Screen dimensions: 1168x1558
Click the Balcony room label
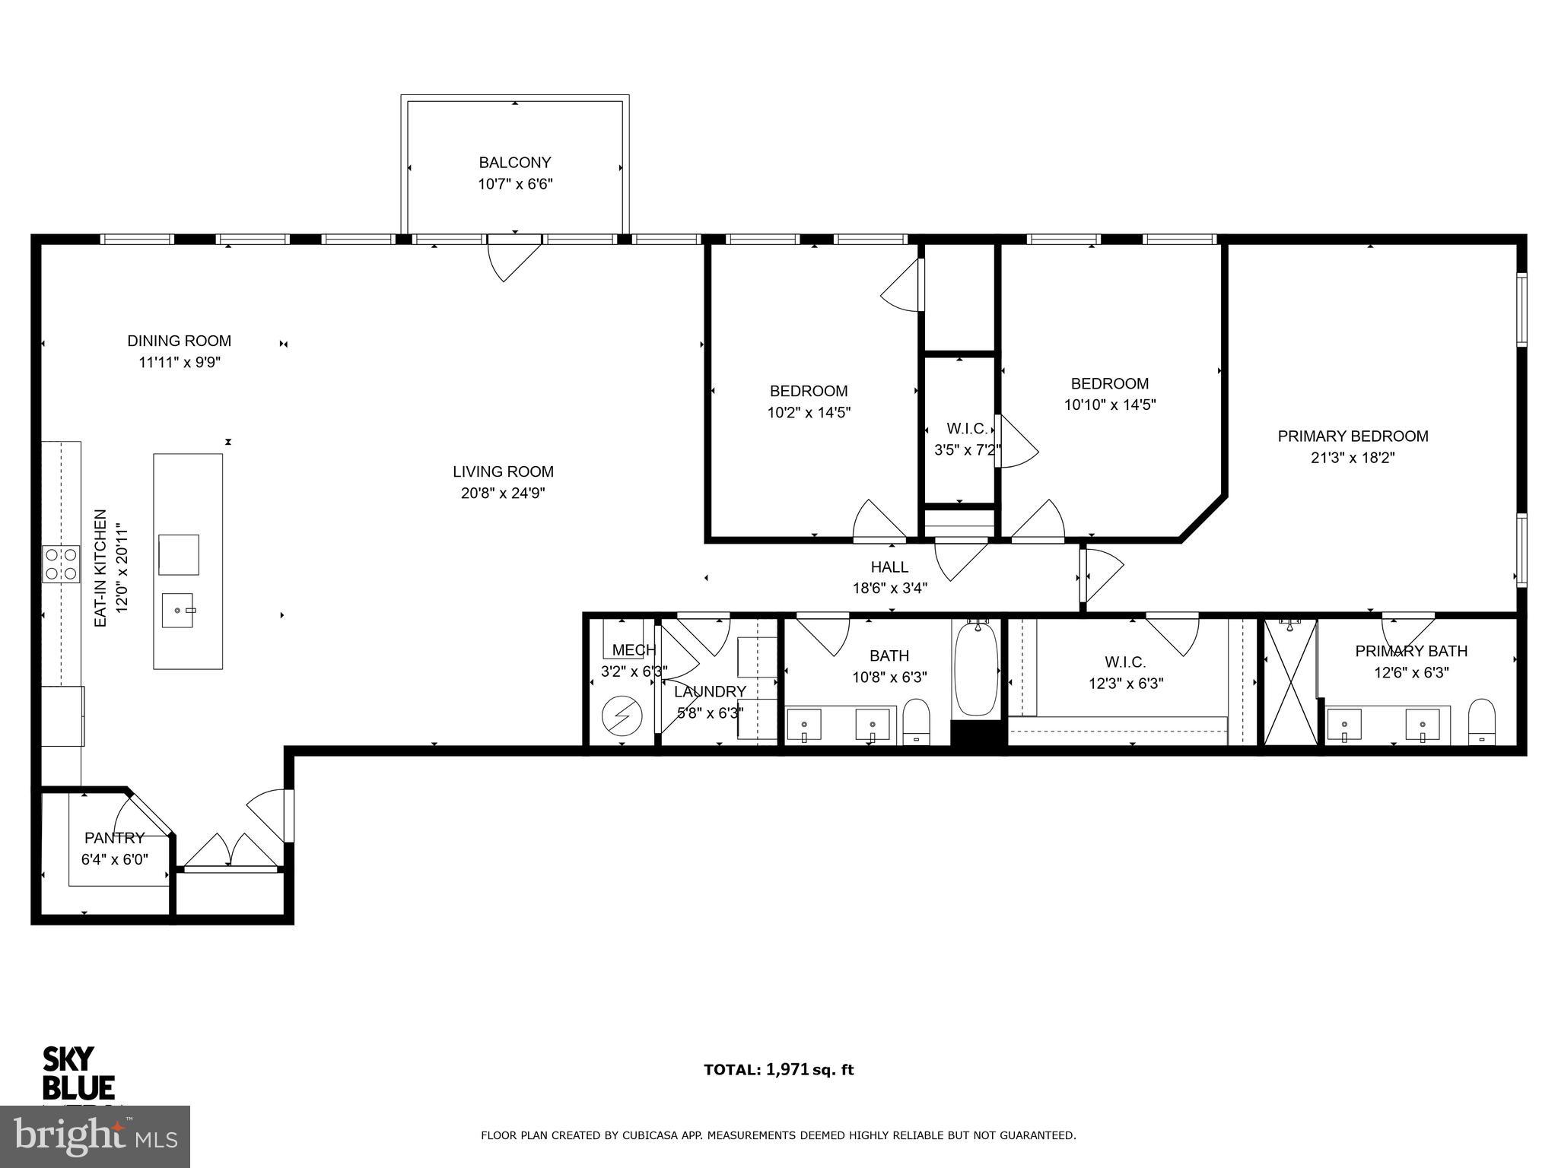(x=514, y=163)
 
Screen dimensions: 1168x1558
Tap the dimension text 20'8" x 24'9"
(x=503, y=493)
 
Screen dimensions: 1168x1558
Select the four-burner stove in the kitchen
(x=61, y=563)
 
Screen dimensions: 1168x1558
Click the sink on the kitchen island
(x=177, y=610)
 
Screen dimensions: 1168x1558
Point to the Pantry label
(x=114, y=838)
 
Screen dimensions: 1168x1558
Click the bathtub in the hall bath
(x=977, y=668)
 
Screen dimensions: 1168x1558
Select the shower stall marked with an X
(x=1290, y=682)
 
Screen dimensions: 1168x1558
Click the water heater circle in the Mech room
(x=622, y=716)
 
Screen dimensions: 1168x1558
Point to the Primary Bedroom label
(x=1353, y=436)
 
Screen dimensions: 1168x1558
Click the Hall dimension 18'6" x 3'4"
(x=889, y=588)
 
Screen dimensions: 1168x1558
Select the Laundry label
(x=710, y=691)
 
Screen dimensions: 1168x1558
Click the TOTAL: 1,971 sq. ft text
(x=778, y=1070)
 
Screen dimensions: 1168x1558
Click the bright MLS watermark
(x=95, y=1136)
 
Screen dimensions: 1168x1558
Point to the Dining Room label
(x=179, y=341)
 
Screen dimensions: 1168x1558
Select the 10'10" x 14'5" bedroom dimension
(x=1109, y=405)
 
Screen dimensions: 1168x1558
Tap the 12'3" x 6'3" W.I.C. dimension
(x=1125, y=684)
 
